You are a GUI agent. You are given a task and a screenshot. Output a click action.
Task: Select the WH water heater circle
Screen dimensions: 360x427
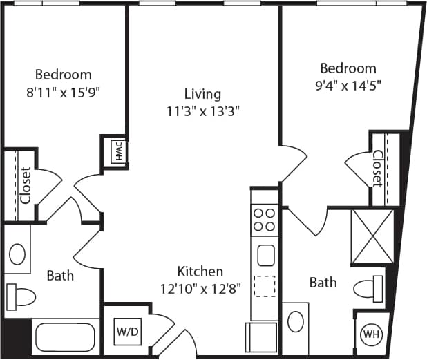(x=371, y=334)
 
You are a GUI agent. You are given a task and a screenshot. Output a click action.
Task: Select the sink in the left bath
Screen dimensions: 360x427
(x=19, y=254)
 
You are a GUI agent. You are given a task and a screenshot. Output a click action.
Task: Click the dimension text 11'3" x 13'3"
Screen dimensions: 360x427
(x=202, y=110)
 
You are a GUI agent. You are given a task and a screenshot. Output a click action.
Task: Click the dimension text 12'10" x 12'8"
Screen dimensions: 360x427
(x=200, y=288)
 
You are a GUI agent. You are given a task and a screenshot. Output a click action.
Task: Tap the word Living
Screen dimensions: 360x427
(x=202, y=94)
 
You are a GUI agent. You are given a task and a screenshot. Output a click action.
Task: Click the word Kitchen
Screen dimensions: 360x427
(x=200, y=272)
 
